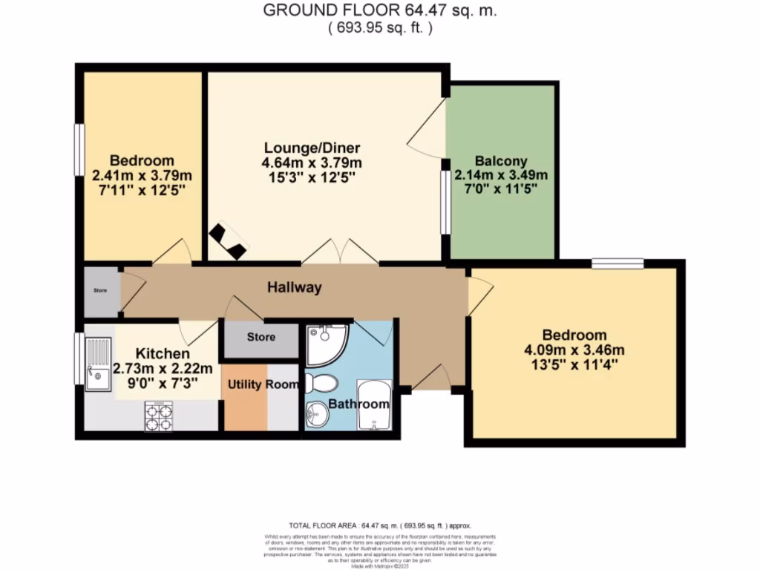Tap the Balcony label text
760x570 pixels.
coord(501,160)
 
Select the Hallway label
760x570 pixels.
coord(295,288)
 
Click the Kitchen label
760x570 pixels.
coord(162,353)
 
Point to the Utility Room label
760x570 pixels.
coord(263,384)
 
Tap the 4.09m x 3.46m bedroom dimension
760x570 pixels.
coord(573,350)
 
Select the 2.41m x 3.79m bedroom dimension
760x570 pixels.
coord(142,175)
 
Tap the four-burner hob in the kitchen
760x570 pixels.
coord(158,416)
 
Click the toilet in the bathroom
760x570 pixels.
coord(321,384)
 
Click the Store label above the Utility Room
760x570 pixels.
coord(261,337)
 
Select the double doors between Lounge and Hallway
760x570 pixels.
coord(339,252)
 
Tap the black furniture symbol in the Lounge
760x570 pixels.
coord(227,242)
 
